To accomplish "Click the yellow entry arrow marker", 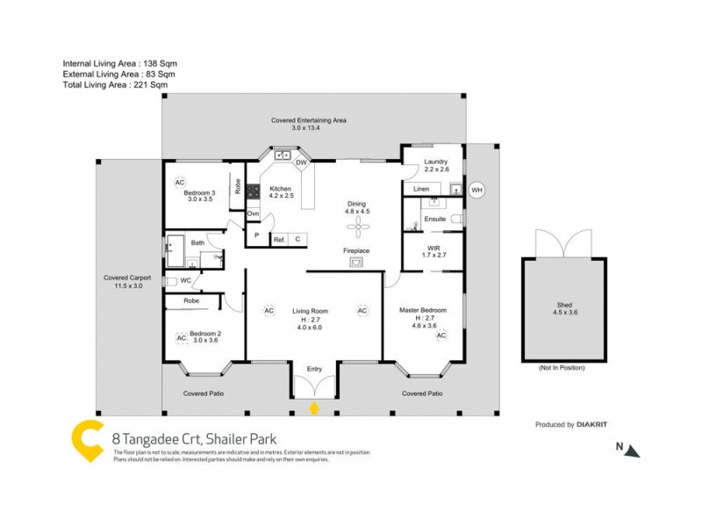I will [x=315, y=408].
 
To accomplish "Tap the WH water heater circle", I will [x=476, y=190].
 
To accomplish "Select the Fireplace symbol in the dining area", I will [x=356, y=261].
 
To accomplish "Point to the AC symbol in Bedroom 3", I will [x=179, y=183].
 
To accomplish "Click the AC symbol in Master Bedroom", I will [x=441, y=336].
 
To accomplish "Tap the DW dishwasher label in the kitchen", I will [x=301, y=162].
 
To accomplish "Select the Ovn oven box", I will [x=253, y=213].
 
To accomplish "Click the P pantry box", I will [x=257, y=235].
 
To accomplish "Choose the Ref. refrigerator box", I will [x=279, y=239].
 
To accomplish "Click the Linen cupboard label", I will [x=421, y=189].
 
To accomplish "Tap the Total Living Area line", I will [x=115, y=85].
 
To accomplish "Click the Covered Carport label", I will [x=127, y=278].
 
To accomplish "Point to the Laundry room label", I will [x=436, y=162].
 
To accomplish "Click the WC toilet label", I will [x=185, y=281].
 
